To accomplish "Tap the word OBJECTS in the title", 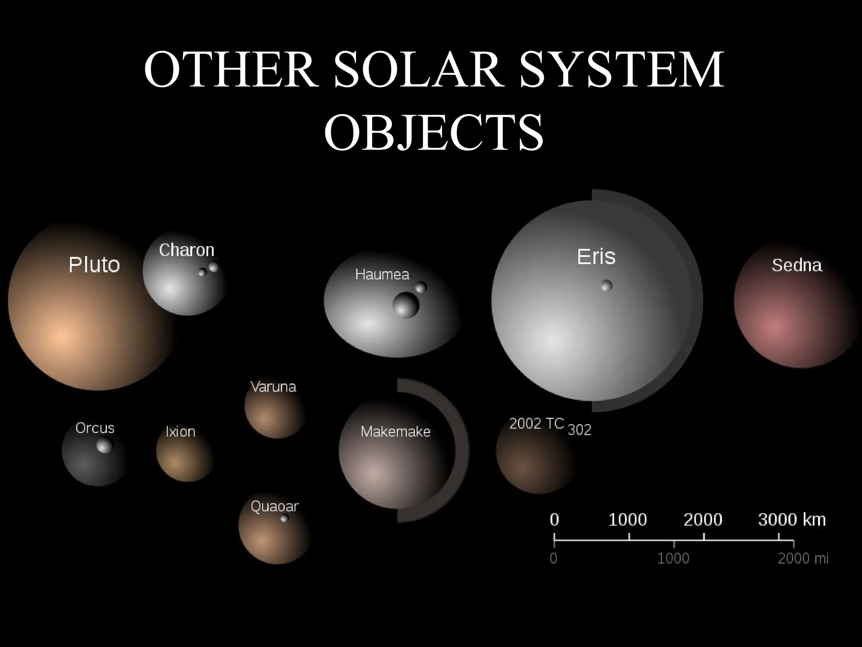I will pyautogui.click(x=434, y=133).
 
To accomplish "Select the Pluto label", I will pyautogui.click(x=94, y=265).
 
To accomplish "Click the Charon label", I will pyautogui.click(x=186, y=250).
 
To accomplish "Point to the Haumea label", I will pyautogui.click(x=382, y=275).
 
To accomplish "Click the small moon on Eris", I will pyautogui.click(x=607, y=286).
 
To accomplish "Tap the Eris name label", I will pyautogui.click(x=596, y=257).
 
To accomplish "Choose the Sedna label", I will pyautogui.click(x=797, y=265).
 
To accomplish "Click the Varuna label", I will pyautogui.click(x=273, y=387).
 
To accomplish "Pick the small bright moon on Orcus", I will pyautogui.click(x=104, y=445).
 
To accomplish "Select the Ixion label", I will pyautogui.click(x=181, y=432).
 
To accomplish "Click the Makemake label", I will pyautogui.click(x=396, y=432).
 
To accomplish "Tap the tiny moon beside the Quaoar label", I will pyautogui.click(x=285, y=518).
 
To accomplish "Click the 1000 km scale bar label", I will pyautogui.click(x=628, y=520).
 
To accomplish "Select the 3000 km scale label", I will pyautogui.click(x=792, y=520).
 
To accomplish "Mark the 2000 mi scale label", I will pyautogui.click(x=803, y=559).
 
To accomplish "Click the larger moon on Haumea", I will pyautogui.click(x=406, y=305).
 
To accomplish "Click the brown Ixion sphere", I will pyautogui.click(x=184, y=457).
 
